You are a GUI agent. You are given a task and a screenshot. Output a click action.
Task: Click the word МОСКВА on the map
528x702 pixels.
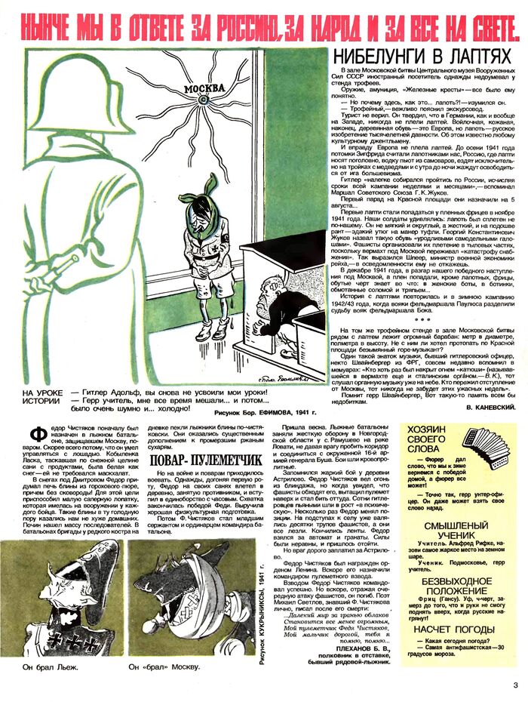pos(197,88)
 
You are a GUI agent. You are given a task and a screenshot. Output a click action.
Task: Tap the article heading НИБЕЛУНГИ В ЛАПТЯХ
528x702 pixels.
pos(416,55)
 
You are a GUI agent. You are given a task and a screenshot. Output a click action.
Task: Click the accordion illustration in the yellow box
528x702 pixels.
pos(487,447)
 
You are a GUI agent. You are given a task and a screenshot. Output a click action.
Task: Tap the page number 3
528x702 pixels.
pos(515,685)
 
